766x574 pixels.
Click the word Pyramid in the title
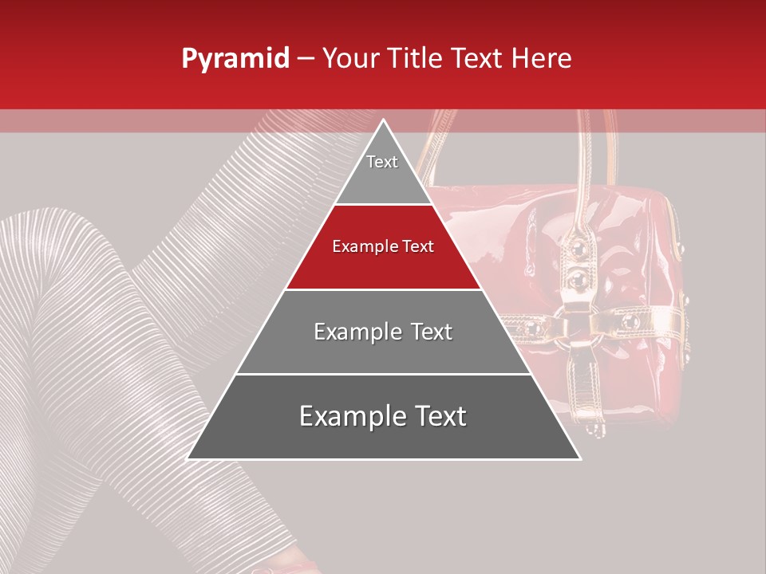pyautogui.click(x=235, y=59)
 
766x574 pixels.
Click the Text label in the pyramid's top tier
pyautogui.click(x=382, y=162)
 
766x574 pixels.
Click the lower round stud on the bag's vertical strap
pyautogui.click(x=575, y=279)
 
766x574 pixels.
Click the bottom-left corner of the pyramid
pyautogui.click(x=188, y=458)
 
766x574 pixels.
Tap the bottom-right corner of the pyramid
pyautogui.click(x=579, y=458)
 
